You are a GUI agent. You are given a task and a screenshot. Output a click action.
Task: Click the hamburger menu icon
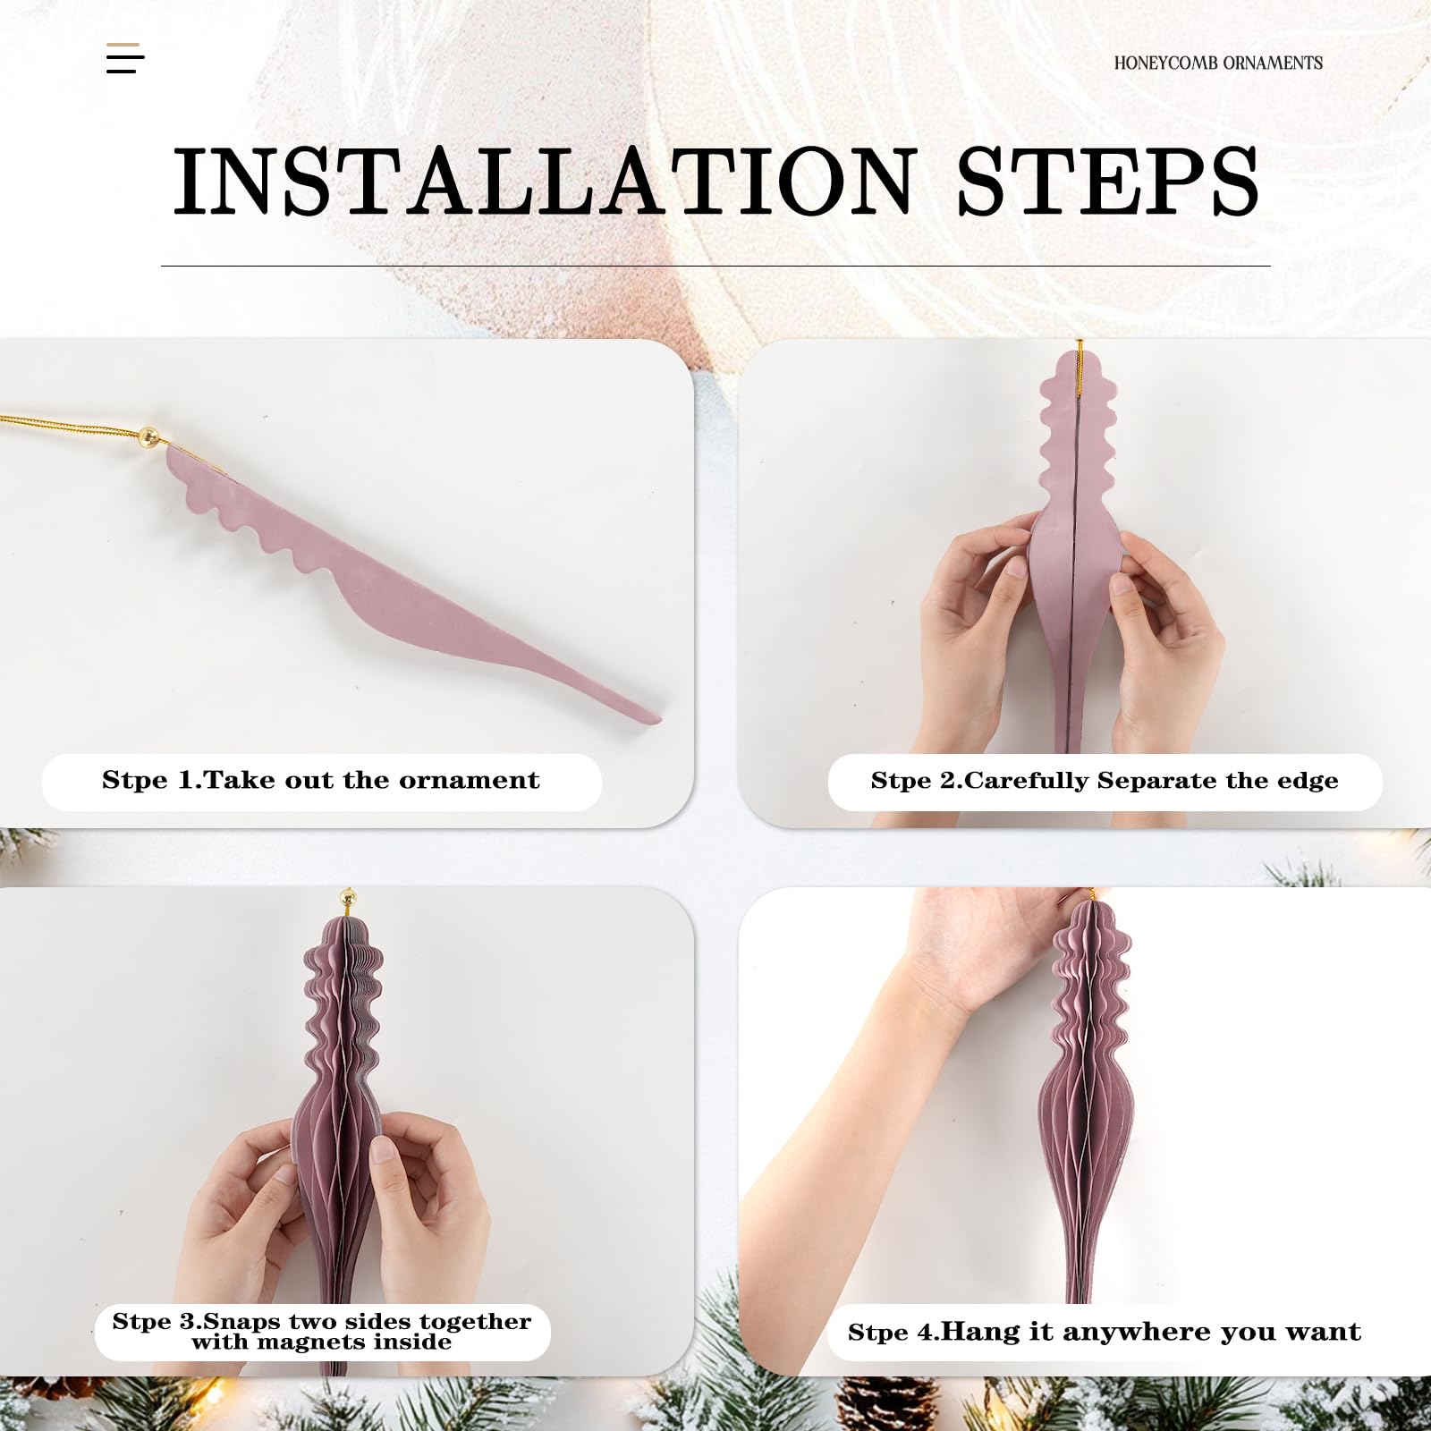(125, 58)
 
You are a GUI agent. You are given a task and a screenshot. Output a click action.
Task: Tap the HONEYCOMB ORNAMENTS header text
(1218, 63)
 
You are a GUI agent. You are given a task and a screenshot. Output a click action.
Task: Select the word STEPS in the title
(1107, 182)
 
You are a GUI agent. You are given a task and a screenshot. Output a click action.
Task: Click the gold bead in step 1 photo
(149, 437)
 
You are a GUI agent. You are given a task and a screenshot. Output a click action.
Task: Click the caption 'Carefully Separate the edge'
(1151, 781)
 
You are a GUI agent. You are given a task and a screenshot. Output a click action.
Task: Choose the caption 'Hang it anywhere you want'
(1151, 1332)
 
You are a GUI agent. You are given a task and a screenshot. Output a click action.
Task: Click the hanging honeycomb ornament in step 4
(1091, 1091)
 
